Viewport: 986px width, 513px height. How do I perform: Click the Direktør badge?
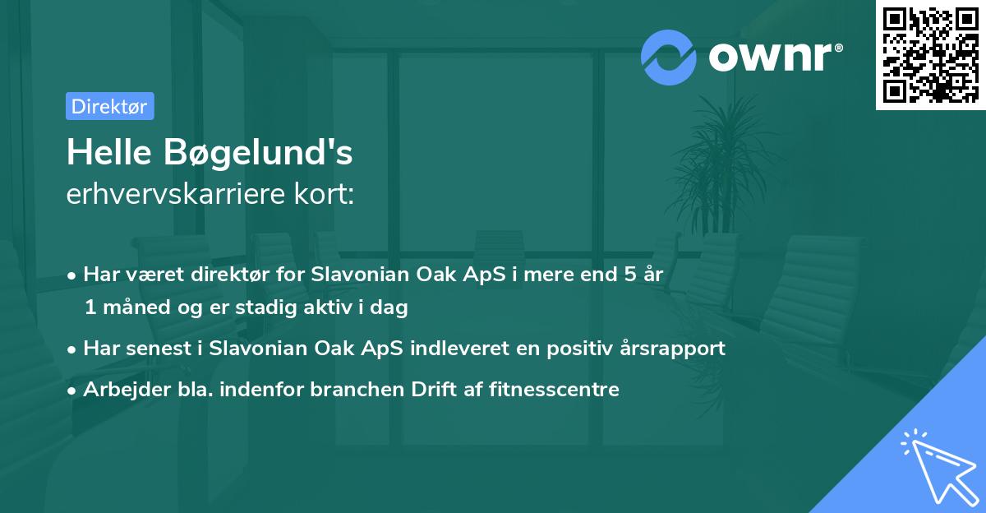pyautogui.click(x=109, y=106)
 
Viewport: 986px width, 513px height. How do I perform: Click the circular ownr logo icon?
pyautogui.click(x=669, y=57)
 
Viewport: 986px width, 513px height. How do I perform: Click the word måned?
pyautogui.click(x=135, y=308)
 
